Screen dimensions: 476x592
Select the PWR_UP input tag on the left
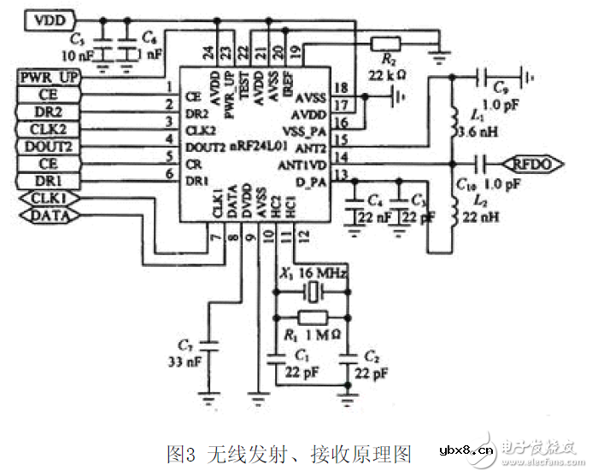point(48,78)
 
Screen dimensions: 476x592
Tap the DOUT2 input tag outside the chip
point(48,145)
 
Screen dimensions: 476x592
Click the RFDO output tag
point(535,161)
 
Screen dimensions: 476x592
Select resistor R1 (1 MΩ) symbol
point(310,316)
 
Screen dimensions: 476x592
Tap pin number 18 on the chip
point(342,88)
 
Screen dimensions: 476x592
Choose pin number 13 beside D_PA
point(342,176)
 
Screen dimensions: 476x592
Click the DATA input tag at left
point(48,216)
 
